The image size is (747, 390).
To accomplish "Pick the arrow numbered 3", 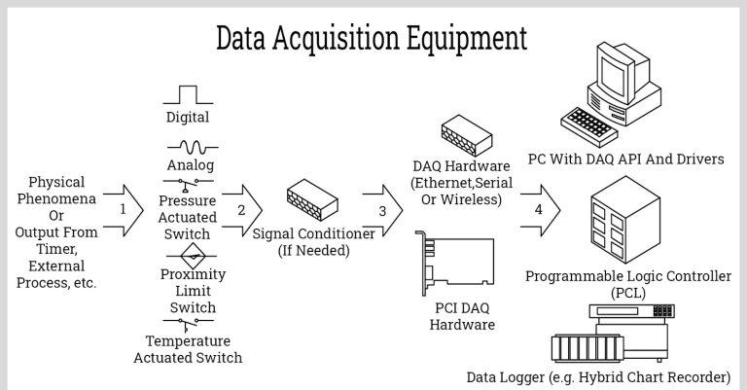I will point(384,208).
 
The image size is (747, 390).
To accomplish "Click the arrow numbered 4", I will point(541,208).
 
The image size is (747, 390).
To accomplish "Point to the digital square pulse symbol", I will point(188,94).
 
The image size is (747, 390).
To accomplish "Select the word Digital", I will point(188,118).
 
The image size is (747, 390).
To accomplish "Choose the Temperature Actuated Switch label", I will point(188,349).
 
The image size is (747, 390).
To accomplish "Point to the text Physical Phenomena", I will point(56,191).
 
